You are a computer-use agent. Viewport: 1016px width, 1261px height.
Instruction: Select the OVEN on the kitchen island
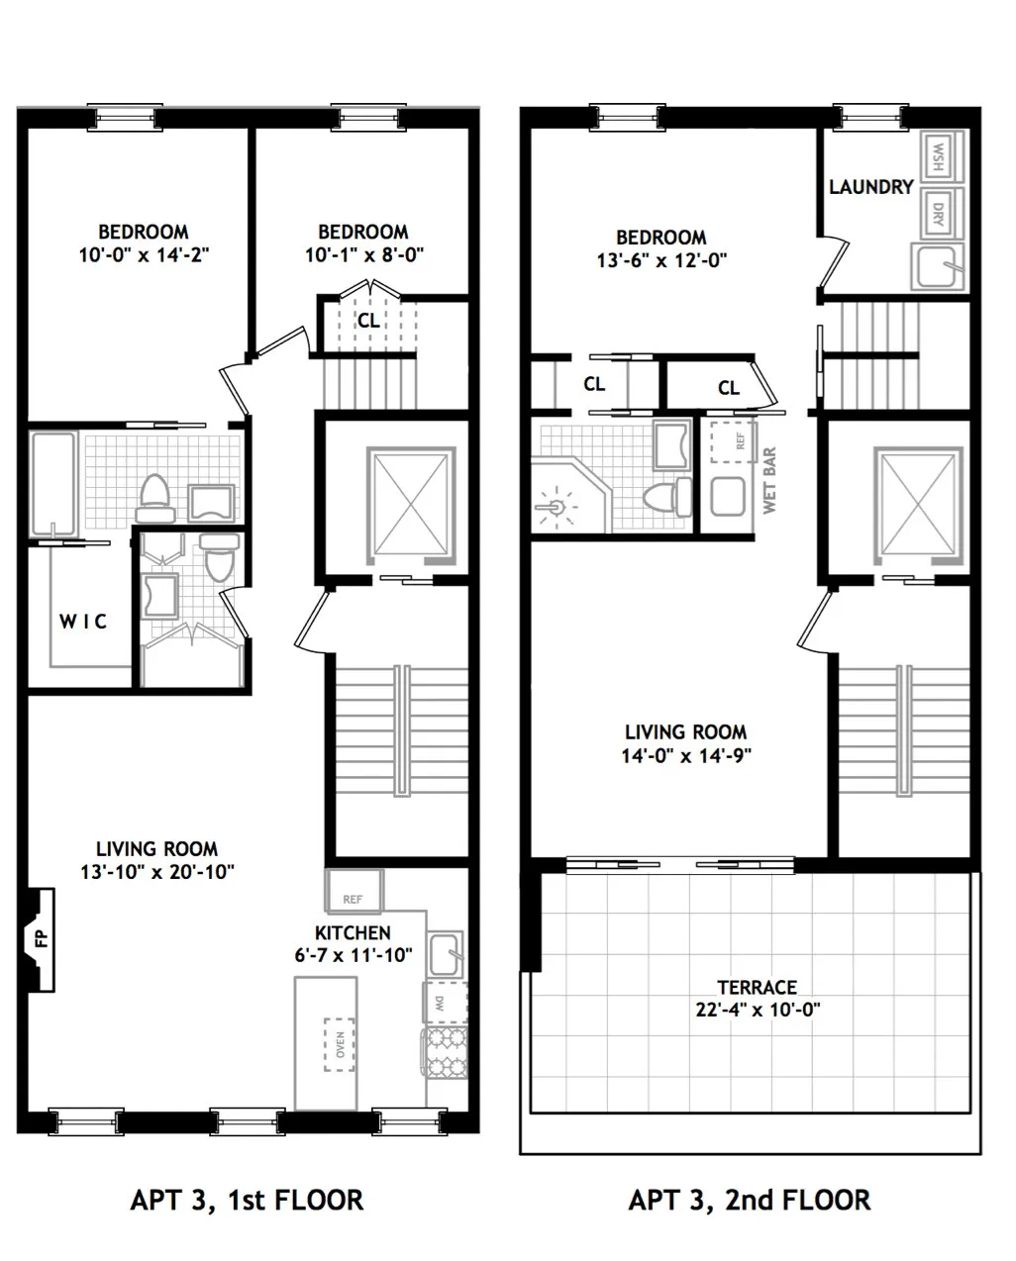pyautogui.click(x=340, y=1044)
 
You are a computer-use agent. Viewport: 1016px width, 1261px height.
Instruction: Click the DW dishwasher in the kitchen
pyautogui.click(x=436, y=1002)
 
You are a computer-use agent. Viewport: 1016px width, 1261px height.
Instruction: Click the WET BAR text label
pyautogui.click(x=769, y=481)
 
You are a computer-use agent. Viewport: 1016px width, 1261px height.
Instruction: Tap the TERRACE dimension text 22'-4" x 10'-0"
pyautogui.click(x=758, y=1011)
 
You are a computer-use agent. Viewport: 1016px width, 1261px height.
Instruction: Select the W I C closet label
pyautogui.click(x=82, y=622)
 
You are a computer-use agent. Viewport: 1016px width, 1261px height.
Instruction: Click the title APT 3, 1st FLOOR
pyautogui.click(x=247, y=1200)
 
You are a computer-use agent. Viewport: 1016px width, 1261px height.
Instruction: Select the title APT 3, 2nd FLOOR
pyautogui.click(x=750, y=1200)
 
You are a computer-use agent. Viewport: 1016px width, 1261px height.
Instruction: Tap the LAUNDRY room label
pyautogui.click(x=870, y=187)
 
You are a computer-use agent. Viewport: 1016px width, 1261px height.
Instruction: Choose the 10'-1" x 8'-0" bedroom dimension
pyautogui.click(x=363, y=253)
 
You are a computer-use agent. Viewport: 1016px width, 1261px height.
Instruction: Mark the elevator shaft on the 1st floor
pyautogui.click(x=413, y=502)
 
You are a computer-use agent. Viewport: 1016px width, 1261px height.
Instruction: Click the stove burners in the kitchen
pyautogui.click(x=443, y=1052)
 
